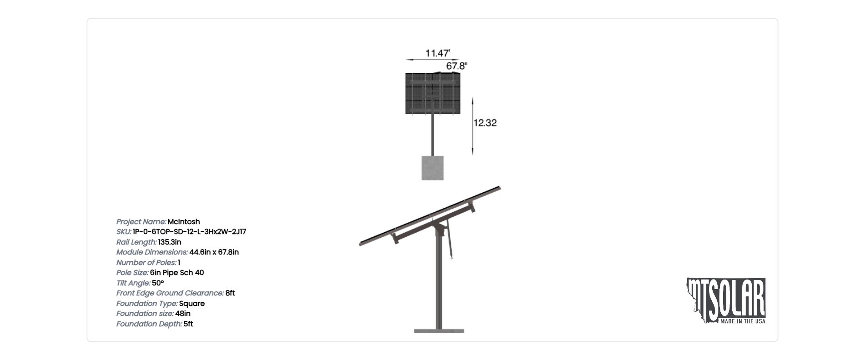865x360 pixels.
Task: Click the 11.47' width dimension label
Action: [x=438, y=53]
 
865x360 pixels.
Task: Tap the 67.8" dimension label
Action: [x=456, y=66]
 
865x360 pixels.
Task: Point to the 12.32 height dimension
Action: [x=485, y=123]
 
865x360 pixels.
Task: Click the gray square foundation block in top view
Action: [x=432, y=168]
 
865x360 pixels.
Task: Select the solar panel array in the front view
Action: [x=432, y=93]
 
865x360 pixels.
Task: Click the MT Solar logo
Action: [x=726, y=300]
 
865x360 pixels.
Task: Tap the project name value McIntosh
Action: [x=184, y=222]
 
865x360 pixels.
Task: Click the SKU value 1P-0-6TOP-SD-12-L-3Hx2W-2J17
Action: [x=189, y=232]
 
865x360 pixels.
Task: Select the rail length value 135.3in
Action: [x=170, y=242]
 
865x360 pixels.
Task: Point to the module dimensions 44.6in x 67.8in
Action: [x=214, y=252]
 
